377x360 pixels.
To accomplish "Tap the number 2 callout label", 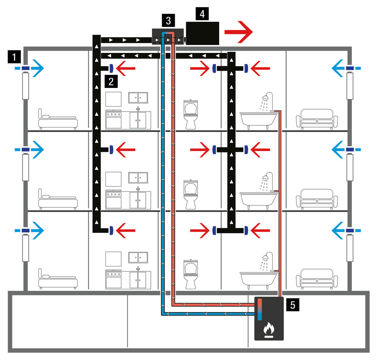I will tap(110, 81).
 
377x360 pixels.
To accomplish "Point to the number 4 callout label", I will tap(202, 14).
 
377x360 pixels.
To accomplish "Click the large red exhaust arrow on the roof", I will tap(238, 32).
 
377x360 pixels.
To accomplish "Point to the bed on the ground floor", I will tap(58, 279).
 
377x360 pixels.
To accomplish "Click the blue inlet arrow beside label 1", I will tap(37, 68).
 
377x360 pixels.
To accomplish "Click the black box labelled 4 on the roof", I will tap(202, 33).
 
